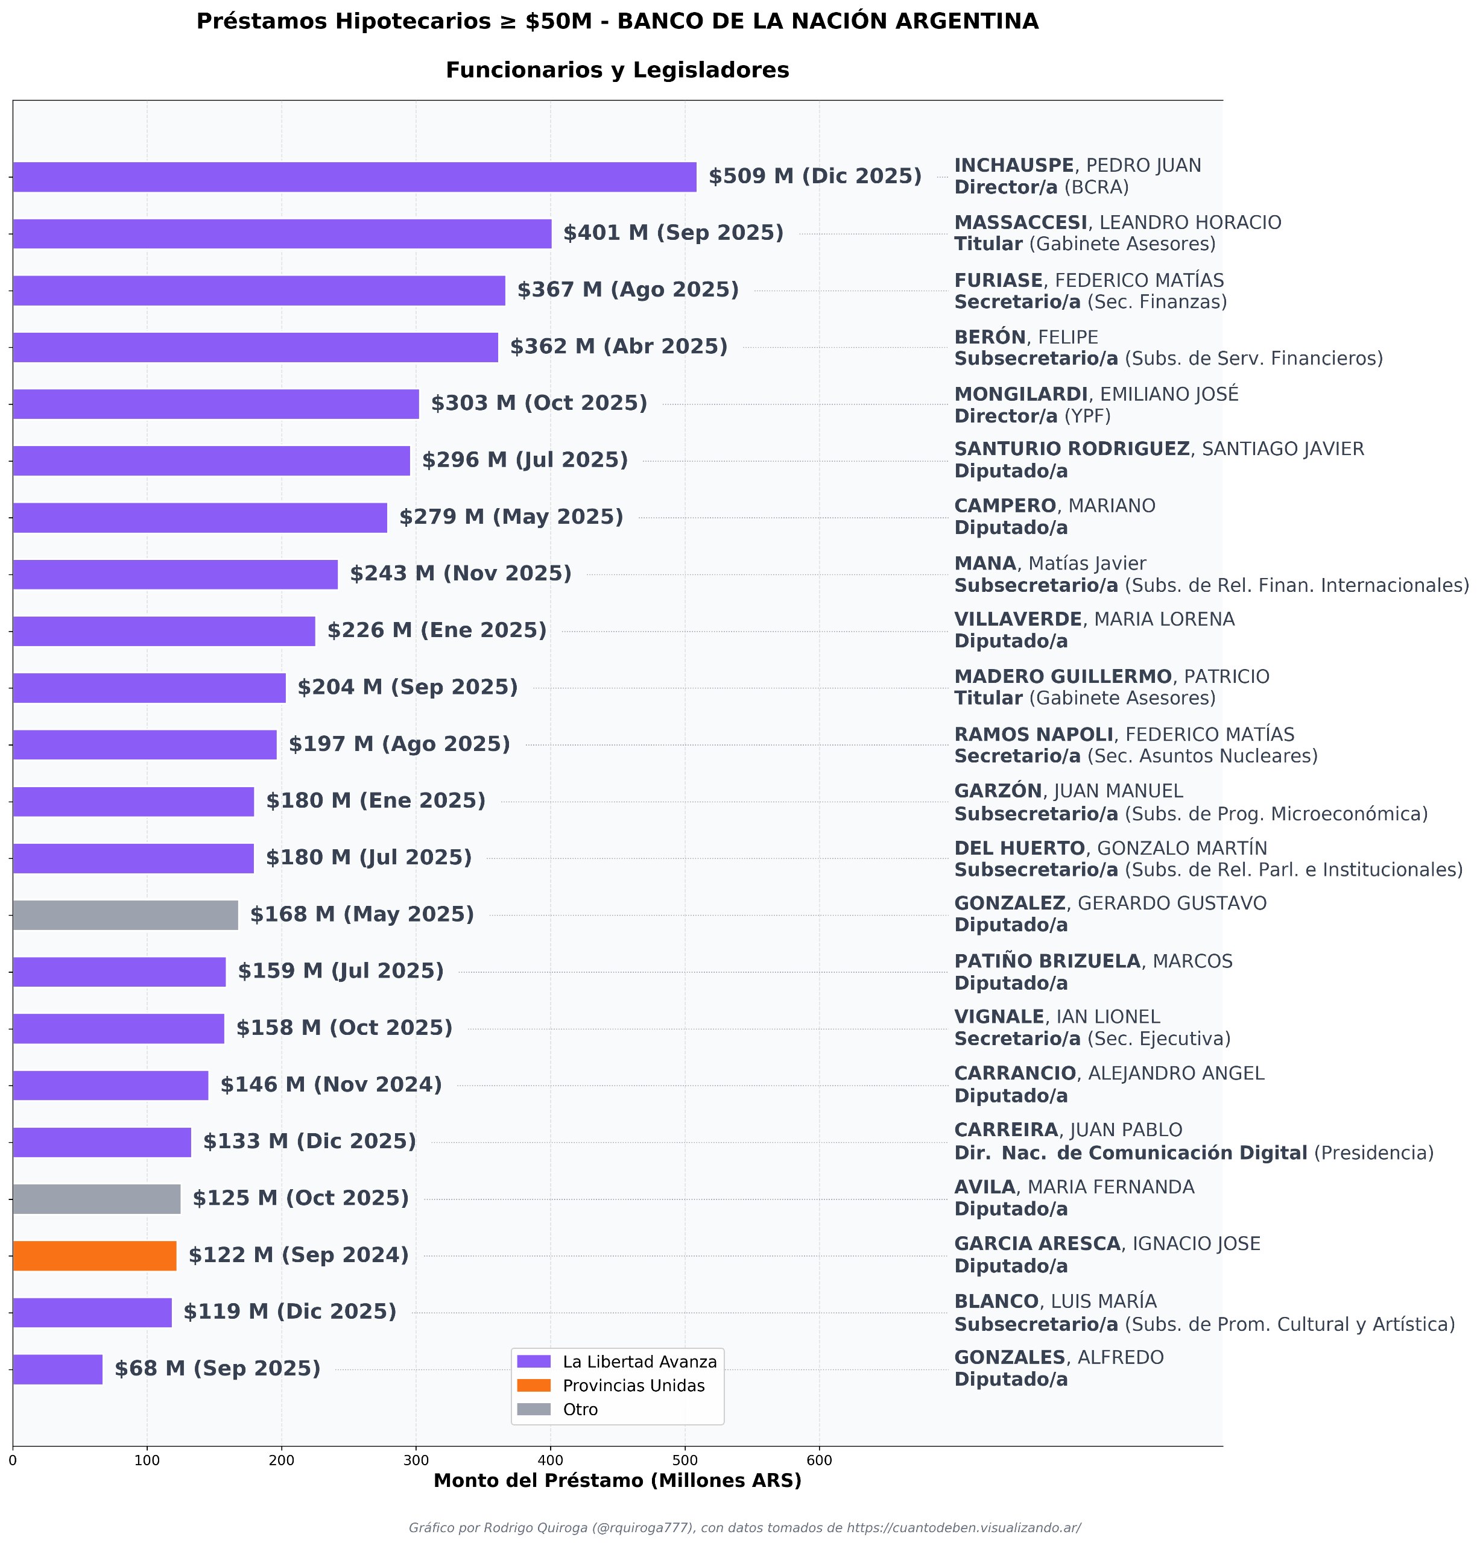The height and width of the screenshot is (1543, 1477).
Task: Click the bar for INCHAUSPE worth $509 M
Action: coord(354,177)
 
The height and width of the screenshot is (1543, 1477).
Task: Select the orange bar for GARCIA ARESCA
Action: coord(95,1256)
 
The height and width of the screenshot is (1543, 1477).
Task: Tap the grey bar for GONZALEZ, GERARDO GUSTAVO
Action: coord(125,915)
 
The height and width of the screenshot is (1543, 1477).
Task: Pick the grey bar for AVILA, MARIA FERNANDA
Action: coord(96,1199)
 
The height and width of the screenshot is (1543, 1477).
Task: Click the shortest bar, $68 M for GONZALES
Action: coord(57,1369)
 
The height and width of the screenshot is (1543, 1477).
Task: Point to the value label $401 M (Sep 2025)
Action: coord(673,234)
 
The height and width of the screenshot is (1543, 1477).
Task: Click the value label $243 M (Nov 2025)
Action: coord(461,574)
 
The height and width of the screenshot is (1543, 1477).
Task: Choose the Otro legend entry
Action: coord(580,1409)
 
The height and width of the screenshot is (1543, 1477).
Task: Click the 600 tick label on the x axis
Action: coord(819,1461)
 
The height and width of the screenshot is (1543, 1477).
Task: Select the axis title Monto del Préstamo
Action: coord(617,1481)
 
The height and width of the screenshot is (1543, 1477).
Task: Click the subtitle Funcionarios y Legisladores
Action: coord(617,71)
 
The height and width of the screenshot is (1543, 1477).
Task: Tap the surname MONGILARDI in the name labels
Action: coord(1020,394)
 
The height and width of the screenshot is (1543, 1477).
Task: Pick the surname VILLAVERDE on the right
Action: coord(1018,619)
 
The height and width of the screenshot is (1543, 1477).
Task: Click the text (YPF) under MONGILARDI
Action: coord(1087,416)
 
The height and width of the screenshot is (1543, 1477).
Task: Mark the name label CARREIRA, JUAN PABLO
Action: coord(1067,1131)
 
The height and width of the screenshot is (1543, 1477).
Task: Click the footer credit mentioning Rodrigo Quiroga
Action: coord(744,1528)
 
